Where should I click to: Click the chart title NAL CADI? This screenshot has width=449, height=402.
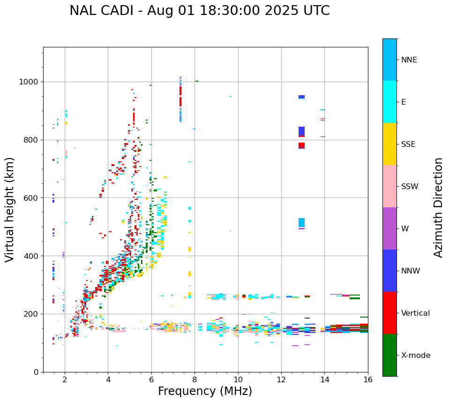coord(199,11)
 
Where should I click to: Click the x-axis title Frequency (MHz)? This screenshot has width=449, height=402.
coord(205,391)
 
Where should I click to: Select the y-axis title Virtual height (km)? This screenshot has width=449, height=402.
coord(10,210)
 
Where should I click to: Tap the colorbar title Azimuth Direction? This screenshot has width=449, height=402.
coord(438,207)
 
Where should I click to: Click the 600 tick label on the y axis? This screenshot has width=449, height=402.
coord(30,198)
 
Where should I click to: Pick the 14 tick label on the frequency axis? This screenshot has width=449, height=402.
coord(324,379)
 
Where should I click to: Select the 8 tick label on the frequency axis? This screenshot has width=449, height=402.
coord(195,379)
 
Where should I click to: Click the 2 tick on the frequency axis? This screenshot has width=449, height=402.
coord(65,379)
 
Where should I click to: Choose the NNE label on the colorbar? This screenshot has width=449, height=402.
coord(409,60)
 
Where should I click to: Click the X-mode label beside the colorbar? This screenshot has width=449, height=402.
coord(415,356)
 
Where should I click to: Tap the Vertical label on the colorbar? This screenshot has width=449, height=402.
coord(415,313)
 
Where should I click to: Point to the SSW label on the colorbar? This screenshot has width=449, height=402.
coord(409,187)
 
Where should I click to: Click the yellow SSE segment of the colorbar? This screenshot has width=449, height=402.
coord(389,144)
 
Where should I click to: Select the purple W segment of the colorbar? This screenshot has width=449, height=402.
coord(389,228)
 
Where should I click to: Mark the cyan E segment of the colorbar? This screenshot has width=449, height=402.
coord(389,102)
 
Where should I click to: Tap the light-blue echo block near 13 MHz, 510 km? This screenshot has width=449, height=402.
coord(301,222)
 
